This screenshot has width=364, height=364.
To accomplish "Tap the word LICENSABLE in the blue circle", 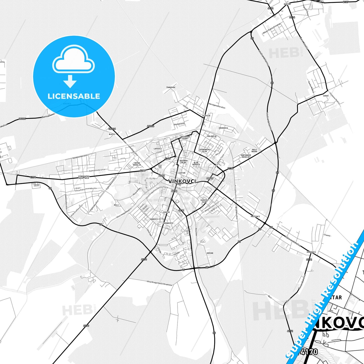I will pyautogui.click(x=74, y=96).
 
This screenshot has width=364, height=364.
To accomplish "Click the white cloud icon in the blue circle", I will pyautogui.click(x=73, y=60).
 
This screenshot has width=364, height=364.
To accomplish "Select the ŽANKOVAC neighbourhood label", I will pyautogui.click(x=171, y=87).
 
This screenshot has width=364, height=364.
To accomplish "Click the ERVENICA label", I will pyautogui.click(x=223, y=128).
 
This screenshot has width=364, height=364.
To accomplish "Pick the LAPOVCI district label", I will pyautogui.click(x=158, y=149).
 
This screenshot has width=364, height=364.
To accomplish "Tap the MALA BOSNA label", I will pyautogui.click(x=254, y=150).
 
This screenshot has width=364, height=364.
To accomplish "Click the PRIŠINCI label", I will pyautogui.click(x=255, y=216).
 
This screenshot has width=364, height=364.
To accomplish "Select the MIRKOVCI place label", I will pyautogui.click(x=311, y=252).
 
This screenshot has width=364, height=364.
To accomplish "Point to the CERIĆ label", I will pyautogui.click(x=326, y=96).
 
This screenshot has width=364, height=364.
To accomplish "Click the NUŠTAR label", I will pyautogui.click(x=287, y=4).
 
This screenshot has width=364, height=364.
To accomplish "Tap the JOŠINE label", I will pyautogui.click(x=210, y=253).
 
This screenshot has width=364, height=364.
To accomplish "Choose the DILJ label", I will pyautogui.click(x=116, y=205).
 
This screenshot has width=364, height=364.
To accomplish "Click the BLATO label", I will pyautogui.click(x=112, y=134).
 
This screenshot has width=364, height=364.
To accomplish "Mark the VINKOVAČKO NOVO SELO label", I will pyautogui.click(x=84, y=177).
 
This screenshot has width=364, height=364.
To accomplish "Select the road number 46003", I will pyautogui.click(x=150, y=126).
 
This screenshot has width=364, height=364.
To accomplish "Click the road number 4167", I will pyautogui.click(x=168, y=159).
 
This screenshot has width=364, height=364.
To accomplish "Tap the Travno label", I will pyautogui.click(x=327, y=235).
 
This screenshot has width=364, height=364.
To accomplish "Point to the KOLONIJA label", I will pyautogui.click(x=212, y=136).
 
